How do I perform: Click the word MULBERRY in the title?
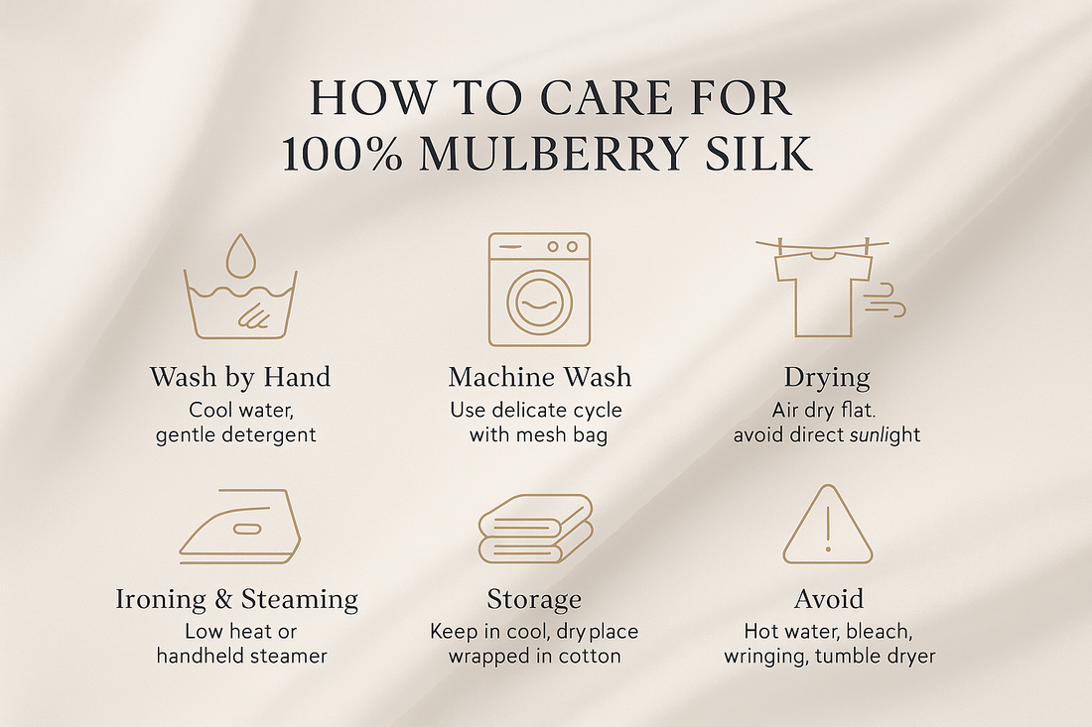(x=554, y=154)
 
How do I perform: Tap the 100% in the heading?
(x=342, y=154)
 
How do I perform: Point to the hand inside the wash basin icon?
(x=253, y=314)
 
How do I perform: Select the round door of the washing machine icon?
(x=540, y=303)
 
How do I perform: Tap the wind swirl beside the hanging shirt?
(x=885, y=301)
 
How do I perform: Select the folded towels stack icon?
(x=535, y=528)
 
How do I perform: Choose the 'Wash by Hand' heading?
(x=240, y=378)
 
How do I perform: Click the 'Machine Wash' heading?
(x=540, y=377)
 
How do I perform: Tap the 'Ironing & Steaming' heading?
(x=237, y=600)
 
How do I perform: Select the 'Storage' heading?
(x=534, y=600)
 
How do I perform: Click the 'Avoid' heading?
(x=829, y=599)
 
